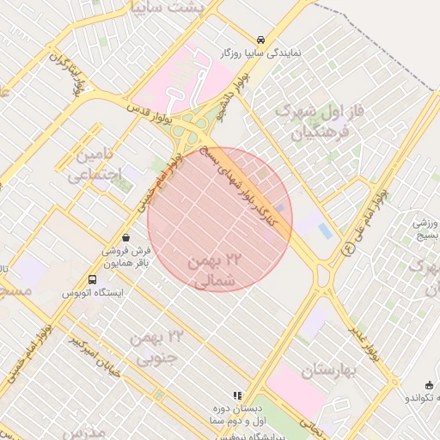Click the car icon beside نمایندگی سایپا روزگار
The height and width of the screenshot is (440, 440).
tap(260, 40)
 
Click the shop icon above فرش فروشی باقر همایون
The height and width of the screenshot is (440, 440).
tap(126, 237)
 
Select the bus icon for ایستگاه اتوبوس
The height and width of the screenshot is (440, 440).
tap(92, 279)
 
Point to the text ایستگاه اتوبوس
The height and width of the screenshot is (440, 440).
tap(92, 293)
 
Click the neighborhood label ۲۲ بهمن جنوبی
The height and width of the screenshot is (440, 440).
tap(156, 346)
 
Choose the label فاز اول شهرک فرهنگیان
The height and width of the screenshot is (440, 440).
tap(310, 123)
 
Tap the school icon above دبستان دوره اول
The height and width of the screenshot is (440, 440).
tap(238, 394)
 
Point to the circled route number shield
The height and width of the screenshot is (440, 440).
tap(348, 247)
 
